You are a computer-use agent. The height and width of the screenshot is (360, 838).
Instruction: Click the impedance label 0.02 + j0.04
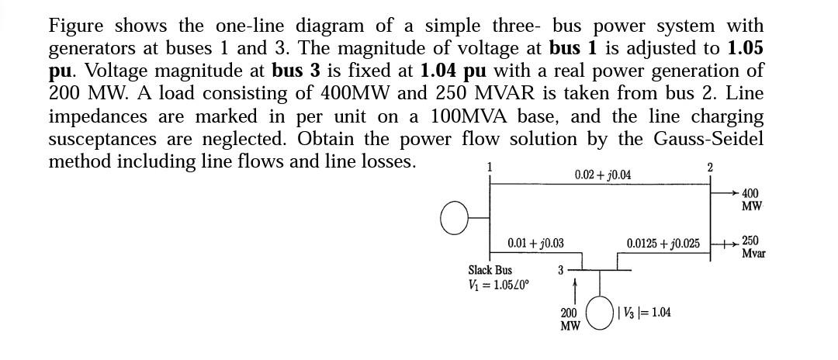click(x=602, y=175)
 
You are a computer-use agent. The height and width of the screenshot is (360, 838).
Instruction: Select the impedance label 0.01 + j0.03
click(x=535, y=244)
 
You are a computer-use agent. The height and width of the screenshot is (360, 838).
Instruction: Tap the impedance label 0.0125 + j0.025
click(x=663, y=244)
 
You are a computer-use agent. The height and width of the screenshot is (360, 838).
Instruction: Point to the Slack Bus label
click(x=490, y=271)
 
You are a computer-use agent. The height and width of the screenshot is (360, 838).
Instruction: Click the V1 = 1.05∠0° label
click(x=498, y=284)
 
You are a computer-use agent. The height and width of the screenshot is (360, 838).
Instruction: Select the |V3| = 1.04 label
click(x=645, y=313)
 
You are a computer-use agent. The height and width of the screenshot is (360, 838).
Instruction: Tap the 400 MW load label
click(x=750, y=199)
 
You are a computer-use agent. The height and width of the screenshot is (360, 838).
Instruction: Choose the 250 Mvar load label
click(x=753, y=247)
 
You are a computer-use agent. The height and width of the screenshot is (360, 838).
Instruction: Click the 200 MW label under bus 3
click(x=570, y=320)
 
